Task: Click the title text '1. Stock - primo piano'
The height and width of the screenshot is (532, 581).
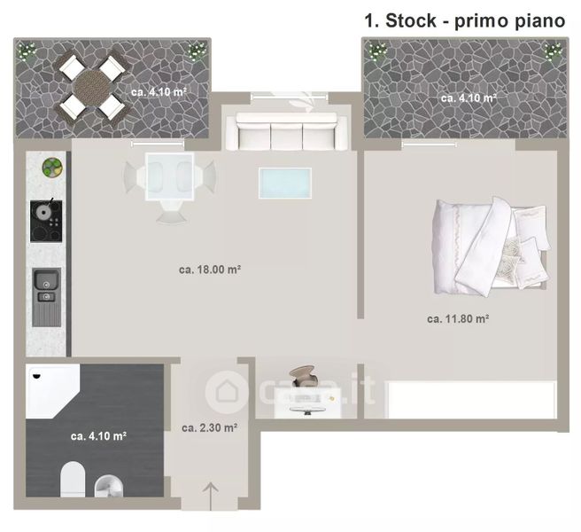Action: (x=465, y=20)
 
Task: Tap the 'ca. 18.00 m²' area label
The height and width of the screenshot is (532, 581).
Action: (x=210, y=270)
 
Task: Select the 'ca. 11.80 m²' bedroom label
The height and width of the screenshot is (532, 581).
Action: (x=458, y=318)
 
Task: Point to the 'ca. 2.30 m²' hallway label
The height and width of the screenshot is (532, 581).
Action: (x=209, y=427)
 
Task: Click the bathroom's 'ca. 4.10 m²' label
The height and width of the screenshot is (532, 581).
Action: (x=98, y=436)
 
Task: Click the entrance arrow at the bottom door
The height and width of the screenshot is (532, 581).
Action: (x=211, y=496)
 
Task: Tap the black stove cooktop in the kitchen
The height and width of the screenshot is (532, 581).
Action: (x=46, y=221)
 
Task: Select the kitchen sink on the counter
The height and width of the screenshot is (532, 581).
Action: (x=46, y=297)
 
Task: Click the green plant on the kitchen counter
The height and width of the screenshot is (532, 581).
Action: (x=52, y=168)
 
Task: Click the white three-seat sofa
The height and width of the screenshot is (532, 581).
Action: (x=286, y=131)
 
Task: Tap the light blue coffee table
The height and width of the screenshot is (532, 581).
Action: (x=285, y=183)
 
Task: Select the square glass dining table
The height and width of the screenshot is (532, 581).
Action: (x=170, y=177)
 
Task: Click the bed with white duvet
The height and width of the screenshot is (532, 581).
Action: (x=491, y=246)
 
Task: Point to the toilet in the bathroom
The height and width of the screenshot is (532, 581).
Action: (x=73, y=479)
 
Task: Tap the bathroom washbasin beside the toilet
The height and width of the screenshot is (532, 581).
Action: (x=109, y=486)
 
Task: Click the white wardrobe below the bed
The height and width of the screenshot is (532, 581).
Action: (x=471, y=400)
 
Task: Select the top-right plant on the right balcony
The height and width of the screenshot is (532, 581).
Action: (x=553, y=51)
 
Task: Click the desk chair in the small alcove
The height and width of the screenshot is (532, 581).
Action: (x=303, y=376)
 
